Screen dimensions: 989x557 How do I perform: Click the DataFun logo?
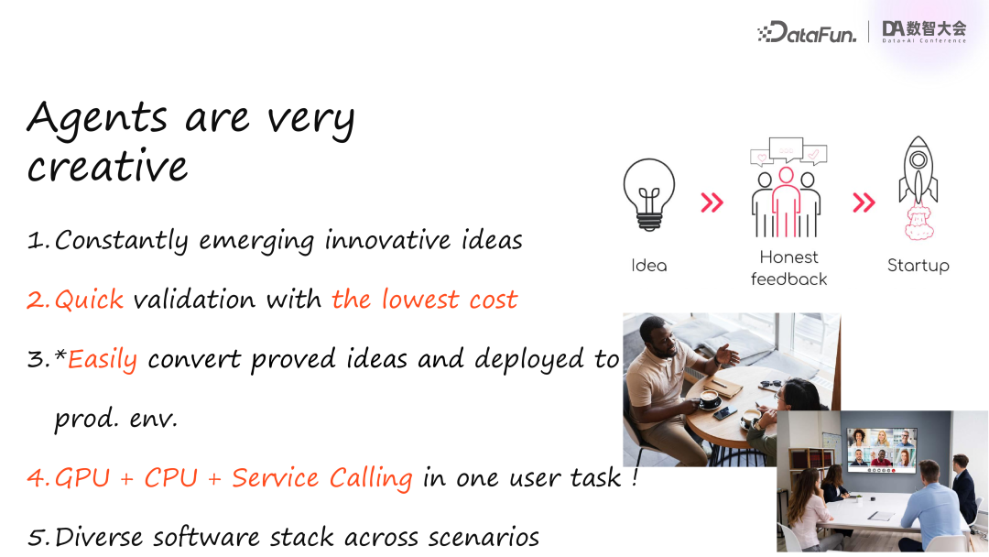(x=807, y=31)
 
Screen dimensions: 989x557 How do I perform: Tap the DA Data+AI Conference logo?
(x=924, y=31)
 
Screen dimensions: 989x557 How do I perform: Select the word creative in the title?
(x=107, y=167)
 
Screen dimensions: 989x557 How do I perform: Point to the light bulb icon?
(x=649, y=195)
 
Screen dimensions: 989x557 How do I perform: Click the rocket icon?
(x=918, y=188)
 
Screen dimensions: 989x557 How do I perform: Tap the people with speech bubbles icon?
(x=787, y=188)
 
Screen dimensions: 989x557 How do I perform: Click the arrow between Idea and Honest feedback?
(x=712, y=202)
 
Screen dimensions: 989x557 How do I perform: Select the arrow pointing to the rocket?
(x=864, y=202)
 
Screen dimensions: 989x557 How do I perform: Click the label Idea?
(x=649, y=266)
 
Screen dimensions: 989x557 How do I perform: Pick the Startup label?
(x=918, y=266)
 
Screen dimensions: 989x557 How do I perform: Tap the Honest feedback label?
(x=788, y=268)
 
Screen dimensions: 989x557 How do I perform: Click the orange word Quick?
(x=89, y=300)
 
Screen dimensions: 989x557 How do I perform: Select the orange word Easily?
(x=103, y=359)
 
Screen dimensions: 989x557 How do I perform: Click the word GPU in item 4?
(x=82, y=477)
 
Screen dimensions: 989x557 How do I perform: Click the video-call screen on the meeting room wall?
(x=881, y=450)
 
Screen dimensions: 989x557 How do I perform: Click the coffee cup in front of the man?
(x=710, y=399)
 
